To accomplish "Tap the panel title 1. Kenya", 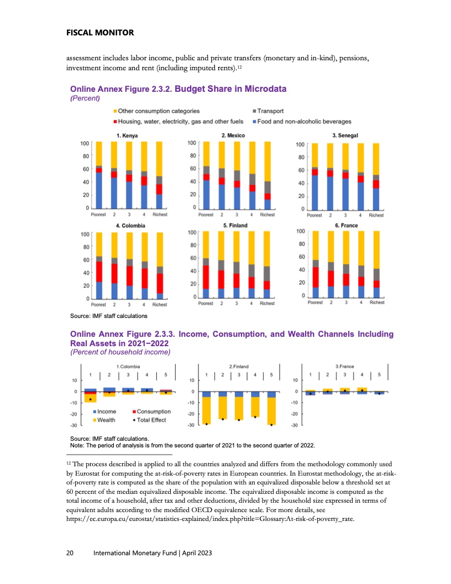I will (127, 135).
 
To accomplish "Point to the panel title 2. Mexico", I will (233, 135).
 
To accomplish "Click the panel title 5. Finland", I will (235, 226).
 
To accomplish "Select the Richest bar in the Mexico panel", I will (267, 175).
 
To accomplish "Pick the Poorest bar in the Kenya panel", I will (99, 175).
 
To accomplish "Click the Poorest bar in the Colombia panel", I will (99, 265).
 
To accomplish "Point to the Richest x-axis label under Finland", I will (267, 304).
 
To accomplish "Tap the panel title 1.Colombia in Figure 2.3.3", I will (127, 366).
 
